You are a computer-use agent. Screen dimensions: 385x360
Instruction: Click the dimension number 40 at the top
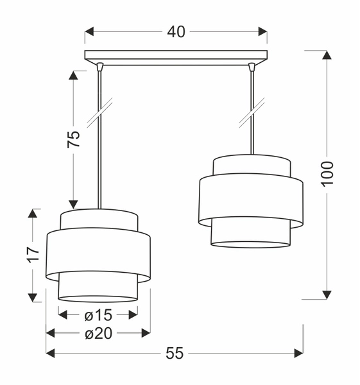pyautogui.click(x=176, y=31)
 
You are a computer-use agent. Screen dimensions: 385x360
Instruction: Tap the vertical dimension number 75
pyautogui.click(x=74, y=139)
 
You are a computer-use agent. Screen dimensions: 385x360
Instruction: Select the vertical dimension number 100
pyautogui.click(x=327, y=173)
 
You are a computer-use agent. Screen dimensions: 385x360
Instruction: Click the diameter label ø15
pyautogui.click(x=98, y=314)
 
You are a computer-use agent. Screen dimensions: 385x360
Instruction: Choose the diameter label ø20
pyautogui.click(x=98, y=333)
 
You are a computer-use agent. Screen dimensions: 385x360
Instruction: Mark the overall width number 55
pyautogui.click(x=175, y=353)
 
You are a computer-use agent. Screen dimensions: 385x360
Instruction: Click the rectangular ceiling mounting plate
pyautogui.click(x=176, y=56)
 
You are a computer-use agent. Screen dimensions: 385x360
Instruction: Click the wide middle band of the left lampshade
pyautogui.click(x=99, y=255)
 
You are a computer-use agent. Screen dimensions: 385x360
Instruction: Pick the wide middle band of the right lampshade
pyautogui.click(x=251, y=200)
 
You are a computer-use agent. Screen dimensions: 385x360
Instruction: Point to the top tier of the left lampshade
pyautogui.click(x=99, y=218)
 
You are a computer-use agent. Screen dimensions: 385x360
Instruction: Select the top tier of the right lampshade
pyautogui.click(x=251, y=165)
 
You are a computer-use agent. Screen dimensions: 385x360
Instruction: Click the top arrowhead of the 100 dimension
pyautogui.click(x=327, y=55)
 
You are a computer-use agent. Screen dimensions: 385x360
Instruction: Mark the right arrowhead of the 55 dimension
pyautogui.click(x=298, y=353)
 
